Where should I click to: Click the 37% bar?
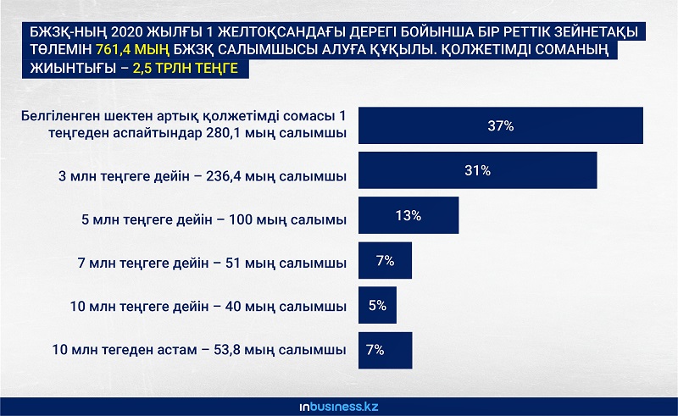(501, 125)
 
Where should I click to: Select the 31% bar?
(478, 170)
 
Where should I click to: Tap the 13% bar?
(408, 215)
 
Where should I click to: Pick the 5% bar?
(377, 305)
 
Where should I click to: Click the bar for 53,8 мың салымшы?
(386, 350)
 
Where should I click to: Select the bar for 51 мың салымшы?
(385, 260)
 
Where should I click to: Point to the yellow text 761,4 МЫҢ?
(132, 50)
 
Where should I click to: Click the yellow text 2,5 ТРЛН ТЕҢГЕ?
(185, 69)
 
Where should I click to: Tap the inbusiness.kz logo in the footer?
(339, 407)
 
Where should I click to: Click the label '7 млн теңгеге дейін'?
(143, 263)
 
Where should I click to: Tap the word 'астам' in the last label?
(176, 349)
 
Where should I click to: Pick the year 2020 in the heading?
(126, 32)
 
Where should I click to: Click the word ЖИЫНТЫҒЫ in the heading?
(73, 69)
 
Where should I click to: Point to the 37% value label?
(501, 126)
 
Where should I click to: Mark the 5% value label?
(377, 305)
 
